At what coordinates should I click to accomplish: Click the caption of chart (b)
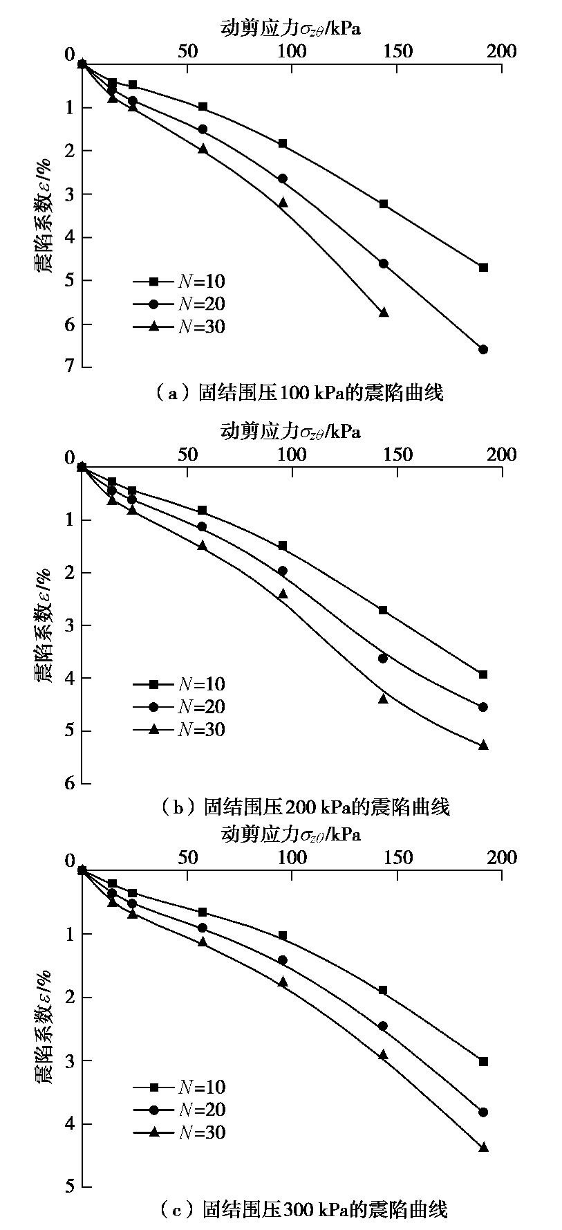pos(304,807)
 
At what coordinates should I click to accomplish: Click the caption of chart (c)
pos(303,1209)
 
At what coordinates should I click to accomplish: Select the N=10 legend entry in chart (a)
pos(180,281)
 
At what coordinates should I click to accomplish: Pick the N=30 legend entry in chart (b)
pos(180,729)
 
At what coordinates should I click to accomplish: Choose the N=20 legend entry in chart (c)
pos(180,1110)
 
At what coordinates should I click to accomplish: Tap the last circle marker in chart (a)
pos(483,349)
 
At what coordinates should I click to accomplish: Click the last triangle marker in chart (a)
pos(384,312)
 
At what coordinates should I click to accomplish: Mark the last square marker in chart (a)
pos(483,267)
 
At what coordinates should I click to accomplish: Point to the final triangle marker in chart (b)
pos(483,745)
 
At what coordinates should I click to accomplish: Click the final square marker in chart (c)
pos(483,1061)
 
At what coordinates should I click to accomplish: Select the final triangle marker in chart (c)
pos(483,1147)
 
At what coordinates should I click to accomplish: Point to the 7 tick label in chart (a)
pos(69,366)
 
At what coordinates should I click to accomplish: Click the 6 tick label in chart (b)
pos(69,783)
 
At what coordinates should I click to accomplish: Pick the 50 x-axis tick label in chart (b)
pos(187,455)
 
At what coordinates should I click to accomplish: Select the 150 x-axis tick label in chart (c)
pos(397,858)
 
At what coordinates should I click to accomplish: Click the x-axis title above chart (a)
pos(290,28)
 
